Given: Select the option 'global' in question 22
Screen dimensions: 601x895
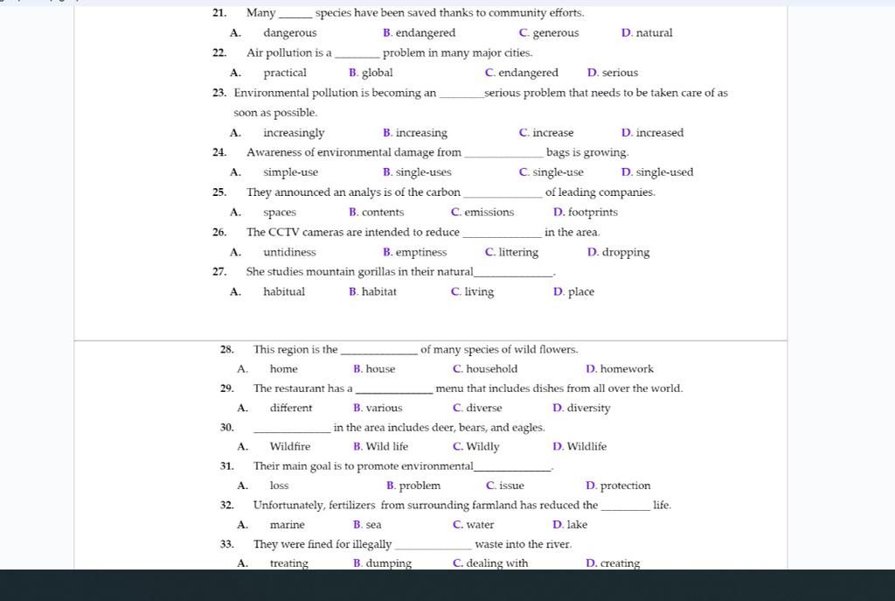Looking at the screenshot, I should click(377, 73).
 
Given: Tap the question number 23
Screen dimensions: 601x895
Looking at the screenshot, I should click(219, 93).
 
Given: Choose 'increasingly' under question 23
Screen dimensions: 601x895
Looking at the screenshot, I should click(294, 133).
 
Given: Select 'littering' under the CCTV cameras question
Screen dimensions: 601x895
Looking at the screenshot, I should click(517, 253).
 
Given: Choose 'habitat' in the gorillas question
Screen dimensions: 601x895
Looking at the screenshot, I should click(378, 292).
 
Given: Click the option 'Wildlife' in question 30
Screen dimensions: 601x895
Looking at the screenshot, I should click(586, 447).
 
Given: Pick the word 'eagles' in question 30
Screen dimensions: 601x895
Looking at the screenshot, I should click(528, 428).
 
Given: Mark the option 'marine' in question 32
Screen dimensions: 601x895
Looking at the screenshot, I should click(287, 525).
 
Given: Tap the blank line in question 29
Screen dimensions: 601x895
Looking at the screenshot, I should click(394, 391).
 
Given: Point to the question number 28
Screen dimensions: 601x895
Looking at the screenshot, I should click(226, 350).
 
